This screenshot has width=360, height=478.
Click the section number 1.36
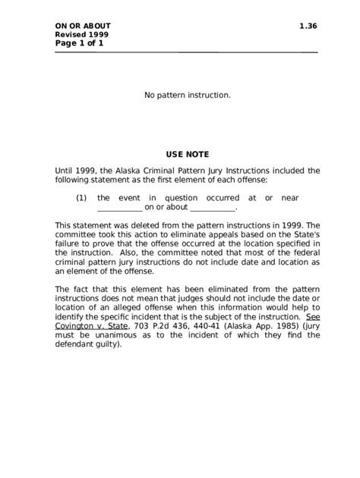pos(308,27)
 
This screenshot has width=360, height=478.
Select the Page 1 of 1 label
pos(79,43)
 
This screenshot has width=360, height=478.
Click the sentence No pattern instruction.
pos(187,96)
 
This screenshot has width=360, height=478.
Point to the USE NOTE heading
pos(187,154)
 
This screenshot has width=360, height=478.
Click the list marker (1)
pos(81,197)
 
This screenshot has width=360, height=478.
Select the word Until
pos(66,171)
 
